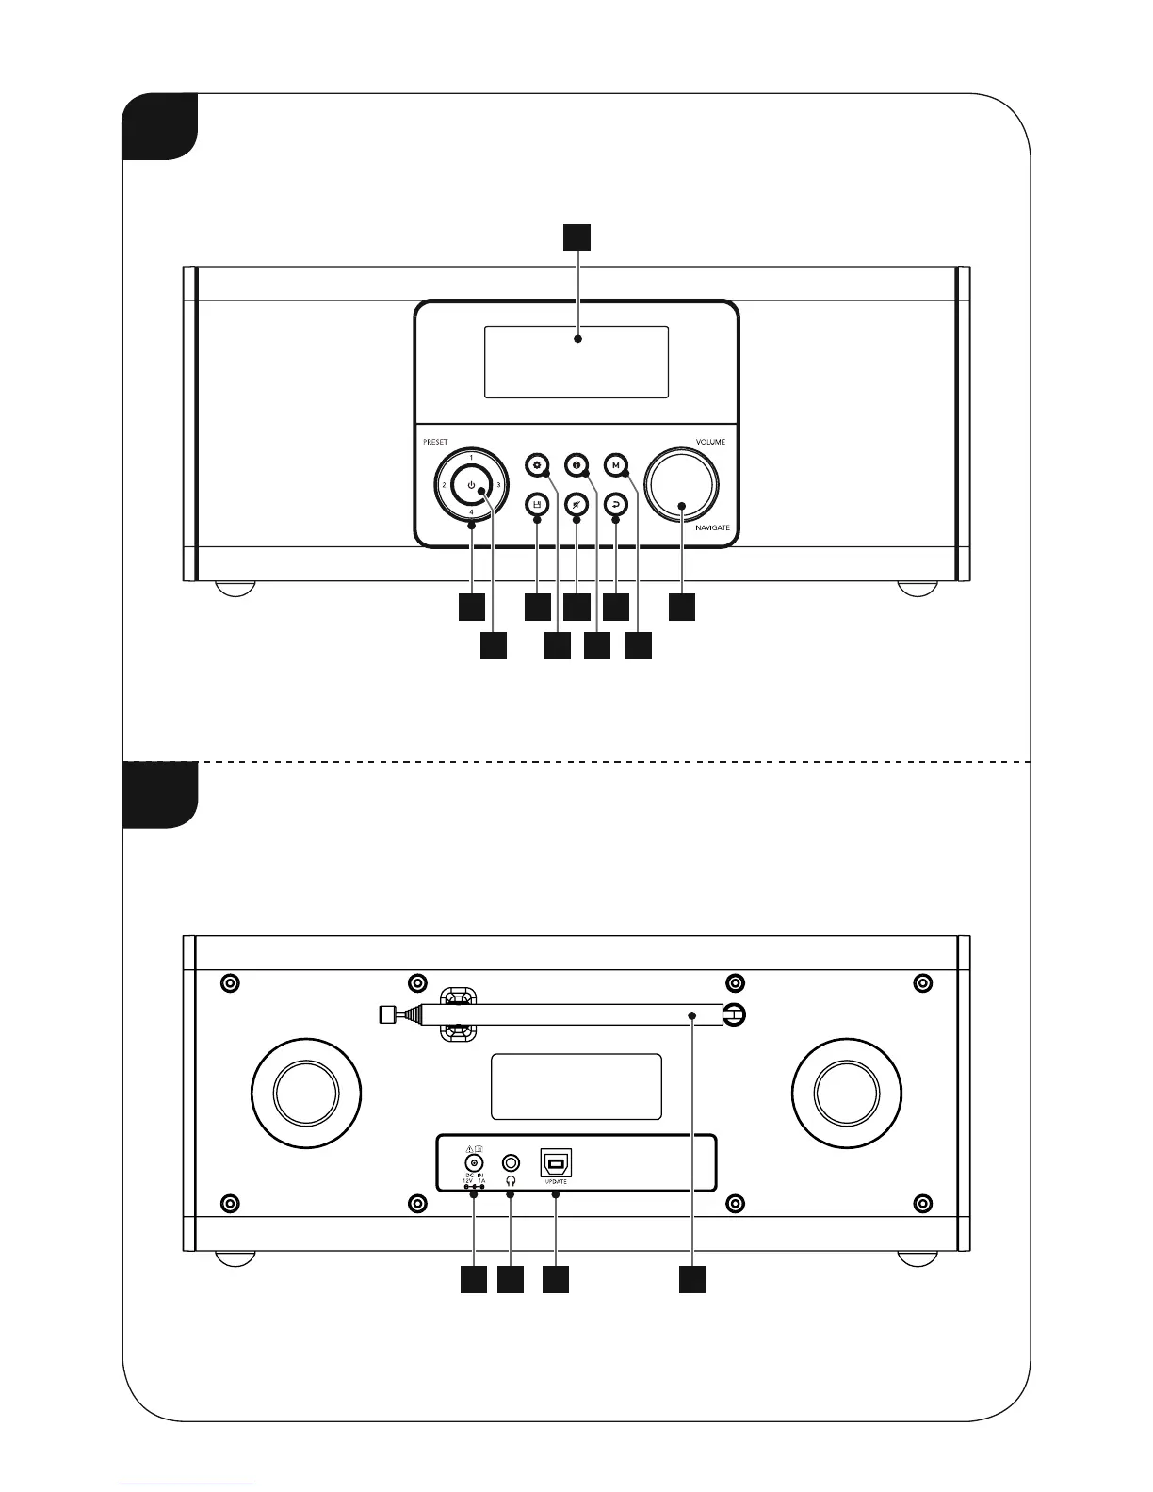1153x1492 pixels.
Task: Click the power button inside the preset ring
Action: (x=472, y=485)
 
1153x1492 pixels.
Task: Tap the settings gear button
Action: (x=537, y=464)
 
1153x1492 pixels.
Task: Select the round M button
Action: (x=615, y=464)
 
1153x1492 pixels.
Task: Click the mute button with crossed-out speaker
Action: (x=576, y=504)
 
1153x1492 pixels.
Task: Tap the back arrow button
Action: (x=615, y=504)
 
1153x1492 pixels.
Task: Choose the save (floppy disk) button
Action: (x=537, y=504)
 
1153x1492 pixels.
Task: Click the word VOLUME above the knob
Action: (x=710, y=442)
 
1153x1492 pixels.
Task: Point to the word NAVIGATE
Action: (x=712, y=528)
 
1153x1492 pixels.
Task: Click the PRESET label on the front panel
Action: (x=435, y=442)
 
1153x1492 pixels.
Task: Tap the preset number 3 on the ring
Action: (x=498, y=485)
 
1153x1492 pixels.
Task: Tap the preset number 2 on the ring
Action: (x=444, y=485)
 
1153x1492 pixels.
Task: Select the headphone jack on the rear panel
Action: (x=512, y=1162)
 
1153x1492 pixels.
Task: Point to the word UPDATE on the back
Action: (x=556, y=1181)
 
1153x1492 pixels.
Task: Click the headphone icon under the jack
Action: (x=512, y=1180)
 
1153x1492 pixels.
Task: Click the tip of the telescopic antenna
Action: (x=383, y=1014)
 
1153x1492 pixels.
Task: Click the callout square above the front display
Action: (x=577, y=238)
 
